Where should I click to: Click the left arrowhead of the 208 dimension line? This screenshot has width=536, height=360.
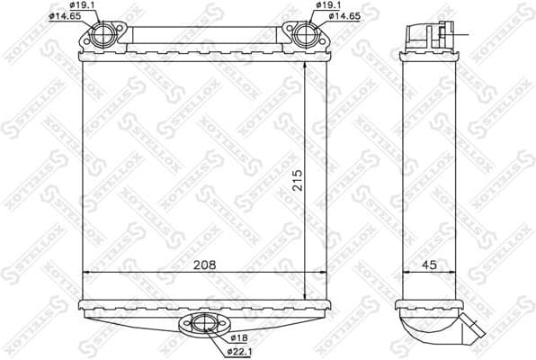click(85, 272)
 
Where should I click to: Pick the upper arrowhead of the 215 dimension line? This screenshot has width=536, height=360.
click(306, 68)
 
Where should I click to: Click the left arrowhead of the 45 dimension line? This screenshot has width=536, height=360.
click(403, 272)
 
